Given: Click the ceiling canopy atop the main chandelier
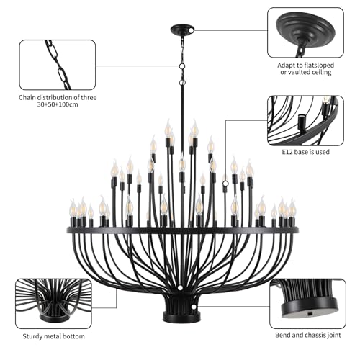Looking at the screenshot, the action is pos(182,30).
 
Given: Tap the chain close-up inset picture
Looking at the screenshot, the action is pos(58,65).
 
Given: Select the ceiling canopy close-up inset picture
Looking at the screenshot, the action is pos(305,32).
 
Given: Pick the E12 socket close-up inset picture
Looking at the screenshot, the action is pos(305,121).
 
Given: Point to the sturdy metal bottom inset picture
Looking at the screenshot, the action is pos(53,304).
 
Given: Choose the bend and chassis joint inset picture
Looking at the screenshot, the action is pos(307,304).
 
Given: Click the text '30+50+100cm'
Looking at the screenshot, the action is pos(58,104).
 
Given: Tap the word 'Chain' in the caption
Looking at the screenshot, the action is pos(27,98).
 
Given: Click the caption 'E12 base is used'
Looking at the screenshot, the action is pos(305,152).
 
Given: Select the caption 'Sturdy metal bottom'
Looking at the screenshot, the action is pos(53,336).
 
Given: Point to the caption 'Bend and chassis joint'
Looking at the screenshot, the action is pos(308,335).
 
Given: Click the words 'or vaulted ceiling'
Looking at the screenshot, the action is pos(306,72).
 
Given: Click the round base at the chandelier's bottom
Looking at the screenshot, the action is pos(181,317).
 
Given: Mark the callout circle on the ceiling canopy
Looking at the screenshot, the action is pos(192,30).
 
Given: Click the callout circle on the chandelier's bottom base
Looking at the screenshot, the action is pos(194,307).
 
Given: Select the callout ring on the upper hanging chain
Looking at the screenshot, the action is pos(182,66).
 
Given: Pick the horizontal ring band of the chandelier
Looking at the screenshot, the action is pos(183,230).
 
